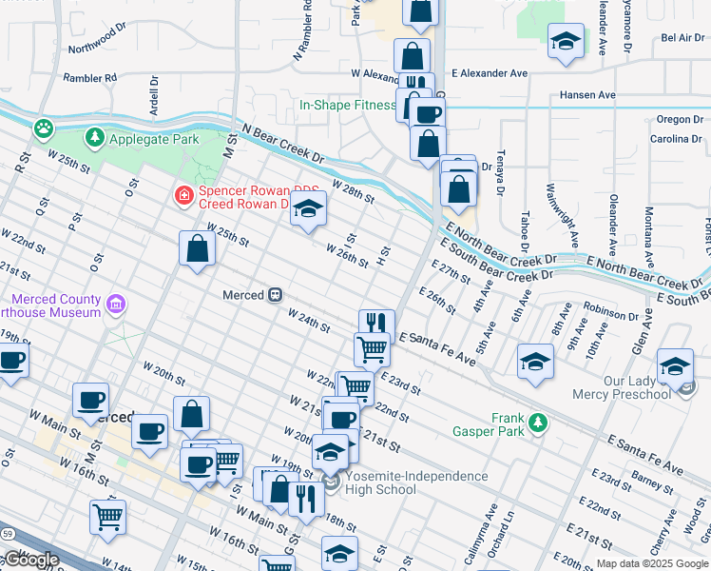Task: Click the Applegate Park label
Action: [x=153, y=139]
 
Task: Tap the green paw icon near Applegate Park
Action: [x=43, y=127]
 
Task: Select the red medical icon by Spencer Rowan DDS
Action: [x=183, y=196]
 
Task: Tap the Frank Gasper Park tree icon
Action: [x=538, y=420]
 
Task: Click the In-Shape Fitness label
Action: [x=347, y=105]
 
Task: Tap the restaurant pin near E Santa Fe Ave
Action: [x=376, y=324]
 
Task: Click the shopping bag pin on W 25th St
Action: [x=196, y=249]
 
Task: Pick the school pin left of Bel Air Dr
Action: [x=566, y=42]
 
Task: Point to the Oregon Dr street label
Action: [x=679, y=120]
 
